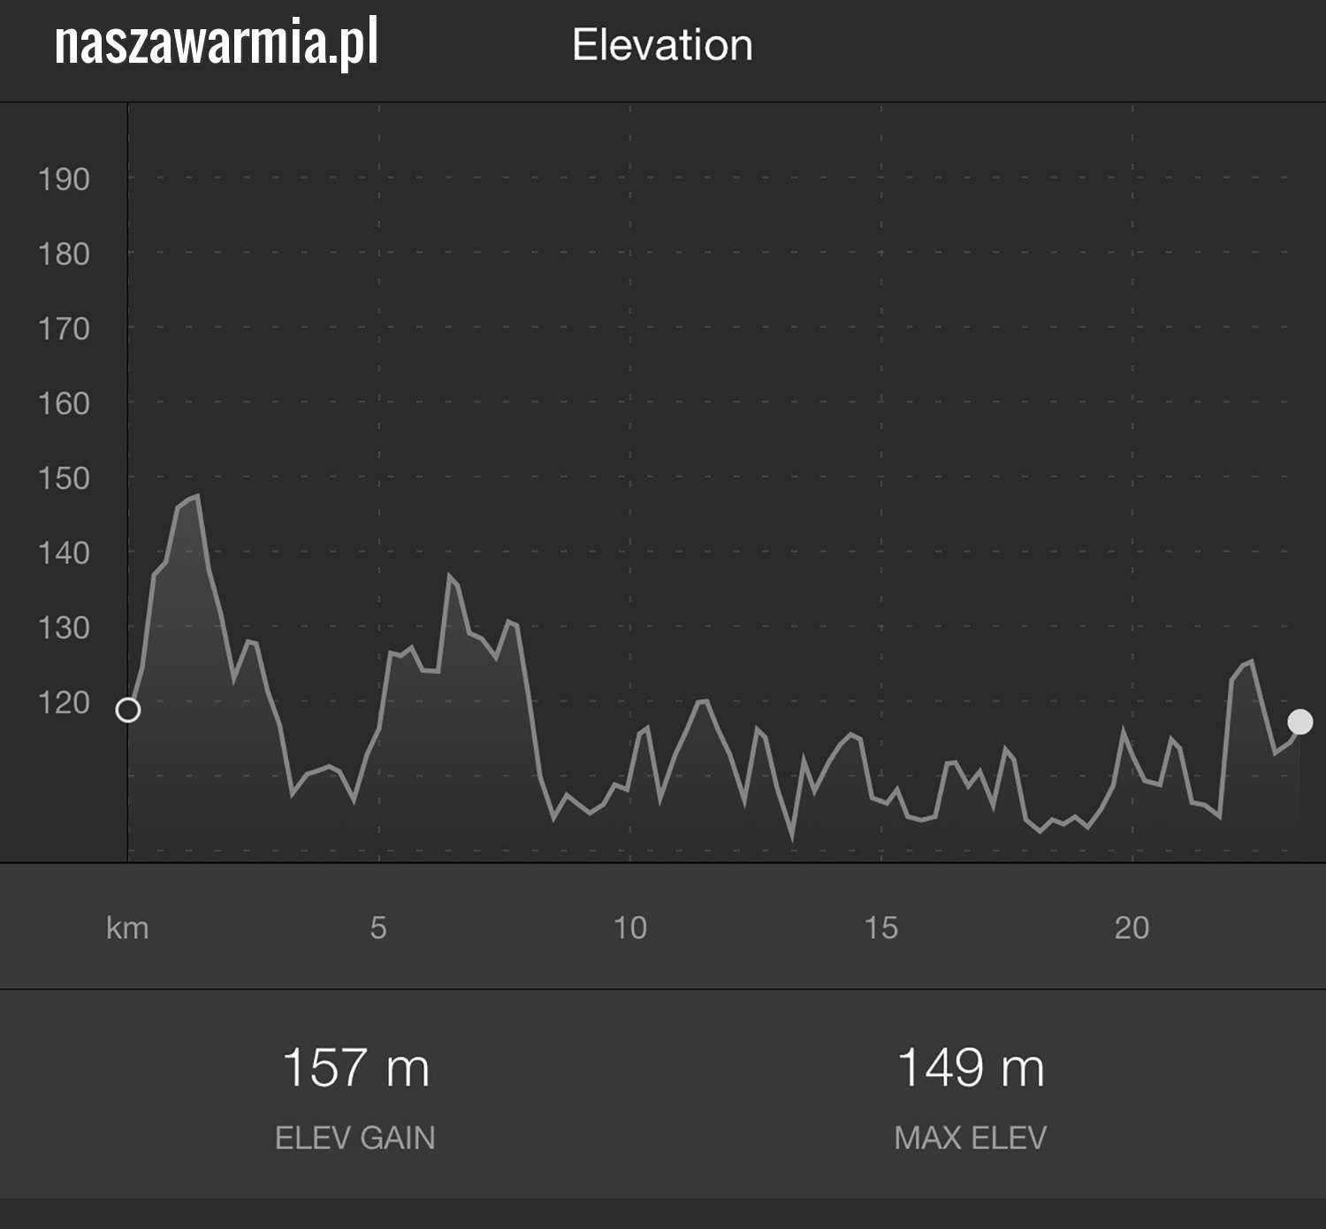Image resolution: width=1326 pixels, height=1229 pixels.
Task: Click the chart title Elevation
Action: coord(662,45)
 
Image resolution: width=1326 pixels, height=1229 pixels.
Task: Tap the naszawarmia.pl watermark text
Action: coord(217,43)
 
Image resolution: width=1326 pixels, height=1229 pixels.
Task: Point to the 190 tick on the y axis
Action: coord(64,179)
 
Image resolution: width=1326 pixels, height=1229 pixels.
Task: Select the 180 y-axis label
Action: coord(64,255)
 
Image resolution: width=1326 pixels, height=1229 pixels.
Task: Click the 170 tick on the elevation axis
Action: coord(64,329)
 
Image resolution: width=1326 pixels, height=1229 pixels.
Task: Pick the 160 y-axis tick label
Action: coord(64,404)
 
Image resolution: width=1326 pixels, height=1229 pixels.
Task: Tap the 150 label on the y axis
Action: coord(64,478)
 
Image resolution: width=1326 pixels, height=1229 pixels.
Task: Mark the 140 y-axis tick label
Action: coord(64,553)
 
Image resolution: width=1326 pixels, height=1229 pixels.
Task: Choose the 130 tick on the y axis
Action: coord(64,628)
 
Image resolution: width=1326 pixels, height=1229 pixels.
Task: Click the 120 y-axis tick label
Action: coord(64,703)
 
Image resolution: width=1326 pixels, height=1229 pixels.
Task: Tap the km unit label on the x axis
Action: coord(127,928)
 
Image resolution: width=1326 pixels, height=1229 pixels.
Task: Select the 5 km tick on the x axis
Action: coord(378,927)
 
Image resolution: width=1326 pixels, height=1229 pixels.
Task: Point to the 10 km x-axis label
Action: coord(630,927)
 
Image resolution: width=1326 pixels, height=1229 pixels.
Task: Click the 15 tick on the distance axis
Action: coord(881,927)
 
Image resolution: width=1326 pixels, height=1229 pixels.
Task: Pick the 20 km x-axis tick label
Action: coord(1132,927)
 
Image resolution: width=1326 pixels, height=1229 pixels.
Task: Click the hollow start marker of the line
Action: coord(128,710)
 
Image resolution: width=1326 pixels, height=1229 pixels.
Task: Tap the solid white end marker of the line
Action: coord(1299,722)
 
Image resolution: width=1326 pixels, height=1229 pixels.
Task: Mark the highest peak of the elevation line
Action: coord(196,496)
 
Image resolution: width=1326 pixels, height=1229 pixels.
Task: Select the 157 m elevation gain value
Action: coord(355,1067)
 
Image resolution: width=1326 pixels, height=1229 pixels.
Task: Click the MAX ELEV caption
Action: coord(970,1138)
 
